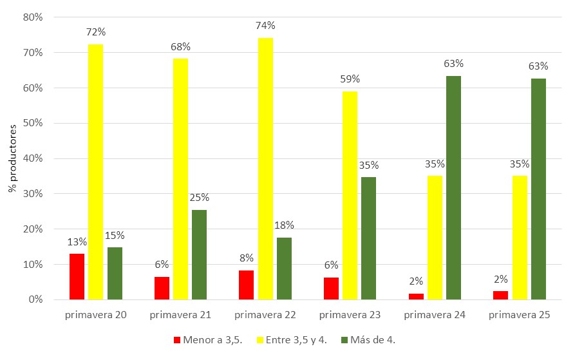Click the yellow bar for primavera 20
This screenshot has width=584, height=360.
(x=95, y=172)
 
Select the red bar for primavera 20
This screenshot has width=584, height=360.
(x=77, y=276)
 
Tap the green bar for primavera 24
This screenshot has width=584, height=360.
(x=453, y=187)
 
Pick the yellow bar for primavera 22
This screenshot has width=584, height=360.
(x=265, y=169)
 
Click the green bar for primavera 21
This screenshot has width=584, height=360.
(x=199, y=254)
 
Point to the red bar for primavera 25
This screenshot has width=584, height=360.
(x=500, y=295)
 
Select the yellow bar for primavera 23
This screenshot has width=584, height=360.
(x=350, y=195)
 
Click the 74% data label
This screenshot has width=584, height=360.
(x=265, y=26)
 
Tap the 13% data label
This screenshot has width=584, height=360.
(x=77, y=242)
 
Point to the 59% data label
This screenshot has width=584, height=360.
(x=350, y=79)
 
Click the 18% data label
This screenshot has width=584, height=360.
(x=284, y=225)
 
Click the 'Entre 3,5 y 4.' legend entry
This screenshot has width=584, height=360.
(x=291, y=339)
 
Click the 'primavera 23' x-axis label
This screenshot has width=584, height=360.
(x=350, y=316)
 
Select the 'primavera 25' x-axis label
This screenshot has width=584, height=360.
(x=519, y=316)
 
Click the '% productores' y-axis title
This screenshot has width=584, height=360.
(x=12, y=158)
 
